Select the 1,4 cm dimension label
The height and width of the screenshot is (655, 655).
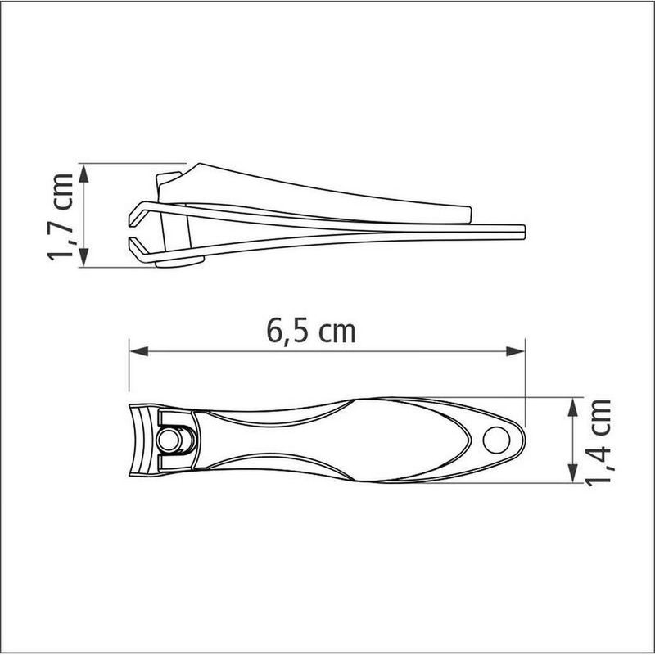[602, 441]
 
